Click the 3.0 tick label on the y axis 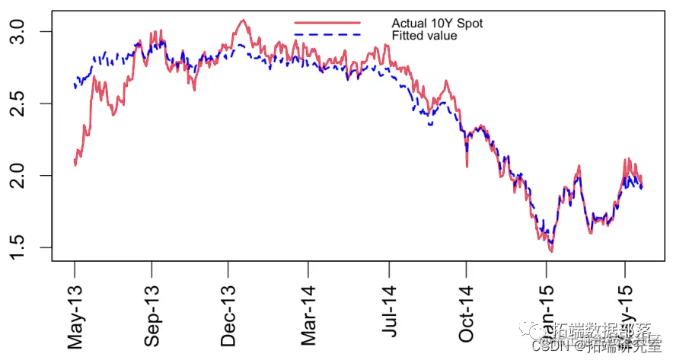pyautogui.click(x=24, y=32)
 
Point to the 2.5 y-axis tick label pyautogui.click(x=24, y=104)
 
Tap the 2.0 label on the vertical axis pyautogui.click(x=24, y=176)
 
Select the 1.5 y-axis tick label pyautogui.click(x=24, y=247)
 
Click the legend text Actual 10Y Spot pyautogui.click(x=437, y=24)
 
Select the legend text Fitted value pyautogui.click(x=424, y=36)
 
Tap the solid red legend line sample pyautogui.click(x=327, y=24)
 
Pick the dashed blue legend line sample pyautogui.click(x=327, y=36)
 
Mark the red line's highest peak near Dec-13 pyautogui.click(x=242, y=21)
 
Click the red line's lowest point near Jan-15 pyautogui.click(x=550, y=251)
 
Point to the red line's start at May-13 pyautogui.click(x=75, y=164)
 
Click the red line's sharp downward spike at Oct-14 pyautogui.click(x=467, y=166)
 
